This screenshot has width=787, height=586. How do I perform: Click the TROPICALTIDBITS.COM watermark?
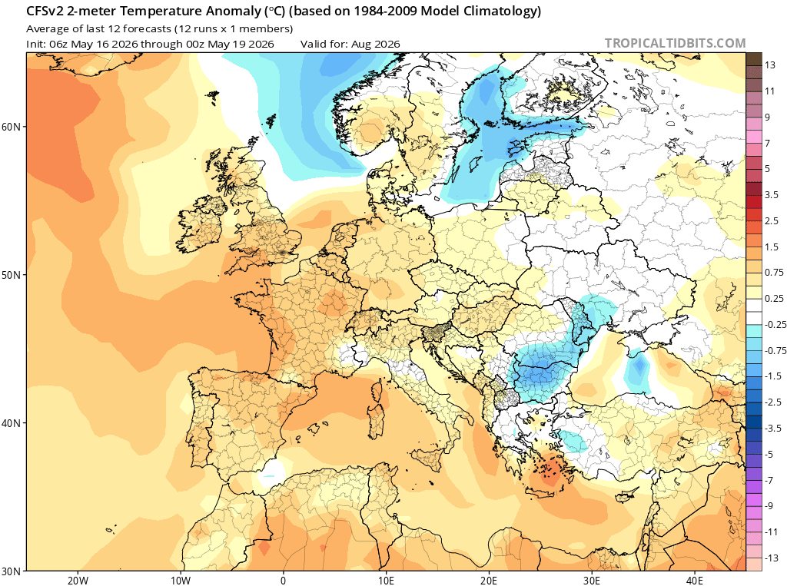coord(675,43)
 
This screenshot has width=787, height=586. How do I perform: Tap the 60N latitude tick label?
coord(11,127)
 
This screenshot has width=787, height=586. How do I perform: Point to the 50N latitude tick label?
coord(11,276)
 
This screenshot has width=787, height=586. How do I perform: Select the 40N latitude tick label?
coord(11,423)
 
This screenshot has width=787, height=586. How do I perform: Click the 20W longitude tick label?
coord(78,581)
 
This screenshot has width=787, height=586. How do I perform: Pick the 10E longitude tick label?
coord(386,581)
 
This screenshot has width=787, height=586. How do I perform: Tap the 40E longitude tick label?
coord(694,581)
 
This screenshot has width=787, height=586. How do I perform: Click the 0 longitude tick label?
coord(283,581)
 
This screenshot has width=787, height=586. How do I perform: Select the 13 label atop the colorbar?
coord(770,65)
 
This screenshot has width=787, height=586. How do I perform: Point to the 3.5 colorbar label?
coord(772,194)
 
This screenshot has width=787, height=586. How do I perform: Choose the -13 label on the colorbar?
coord(772,558)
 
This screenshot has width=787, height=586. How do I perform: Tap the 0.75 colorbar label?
coord(774,273)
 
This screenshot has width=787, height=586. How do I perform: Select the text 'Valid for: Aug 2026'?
coord(350,44)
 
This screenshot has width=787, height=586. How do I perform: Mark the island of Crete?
coord(542,492)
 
